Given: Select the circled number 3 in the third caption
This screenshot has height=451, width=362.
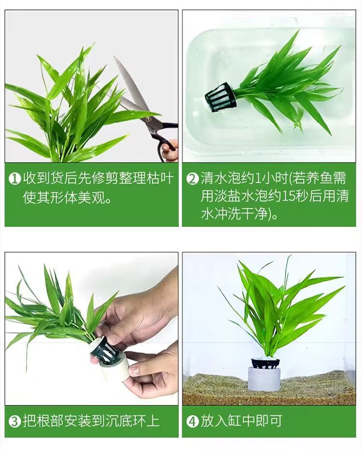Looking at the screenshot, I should [15, 421].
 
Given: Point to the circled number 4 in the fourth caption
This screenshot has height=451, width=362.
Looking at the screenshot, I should [193, 421].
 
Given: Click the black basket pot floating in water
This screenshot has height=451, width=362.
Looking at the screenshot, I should [221, 97].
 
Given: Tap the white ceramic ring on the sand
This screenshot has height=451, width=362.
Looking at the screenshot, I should [265, 379].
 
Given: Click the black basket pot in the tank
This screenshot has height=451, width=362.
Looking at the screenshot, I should [265, 363].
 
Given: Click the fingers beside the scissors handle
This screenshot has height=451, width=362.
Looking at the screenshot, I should [170, 151].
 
